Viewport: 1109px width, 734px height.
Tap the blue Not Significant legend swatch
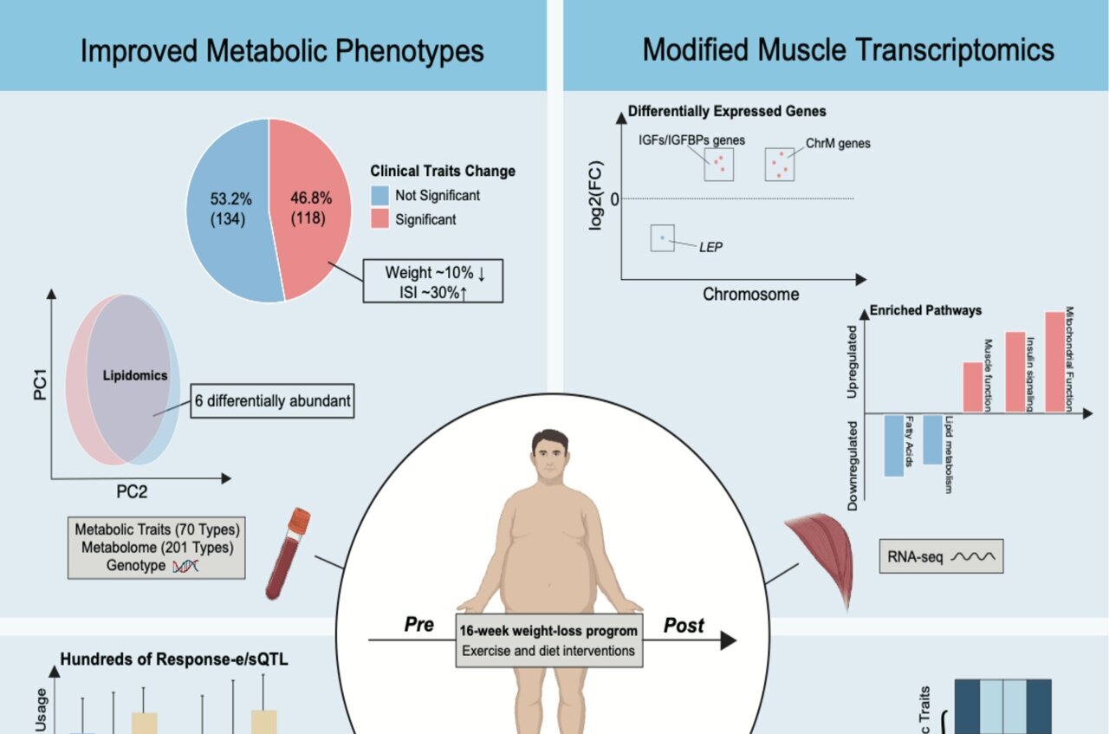[x=379, y=195]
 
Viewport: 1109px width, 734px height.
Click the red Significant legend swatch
[x=379, y=219]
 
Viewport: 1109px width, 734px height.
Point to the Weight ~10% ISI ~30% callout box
[x=433, y=282]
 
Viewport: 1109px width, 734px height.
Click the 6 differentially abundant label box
[x=272, y=400]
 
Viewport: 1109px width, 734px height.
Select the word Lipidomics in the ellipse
[x=135, y=375]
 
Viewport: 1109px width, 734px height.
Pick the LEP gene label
[x=710, y=247]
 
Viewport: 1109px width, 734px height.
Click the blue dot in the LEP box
[x=663, y=237]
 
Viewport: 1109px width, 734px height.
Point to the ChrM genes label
[x=838, y=143]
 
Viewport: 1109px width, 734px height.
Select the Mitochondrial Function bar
[x=1054, y=362]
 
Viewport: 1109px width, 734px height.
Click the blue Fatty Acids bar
[x=893, y=445]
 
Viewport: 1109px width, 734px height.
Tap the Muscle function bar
[x=973, y=387]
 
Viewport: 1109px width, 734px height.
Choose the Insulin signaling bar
[x=1015, y=372]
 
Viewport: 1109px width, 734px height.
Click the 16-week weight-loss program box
[x=549, y=641]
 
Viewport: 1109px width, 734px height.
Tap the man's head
[x=550, y=456]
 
